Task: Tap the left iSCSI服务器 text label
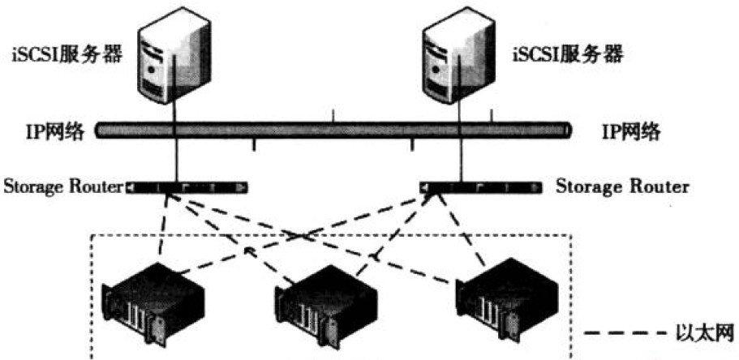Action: point(67,55)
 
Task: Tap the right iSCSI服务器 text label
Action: point(568,55)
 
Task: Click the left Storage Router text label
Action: point(63,187)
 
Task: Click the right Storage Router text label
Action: point(622,187)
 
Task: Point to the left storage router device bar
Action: point(186,188)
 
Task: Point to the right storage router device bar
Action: point(481,188)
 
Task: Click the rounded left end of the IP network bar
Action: point(98,131)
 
